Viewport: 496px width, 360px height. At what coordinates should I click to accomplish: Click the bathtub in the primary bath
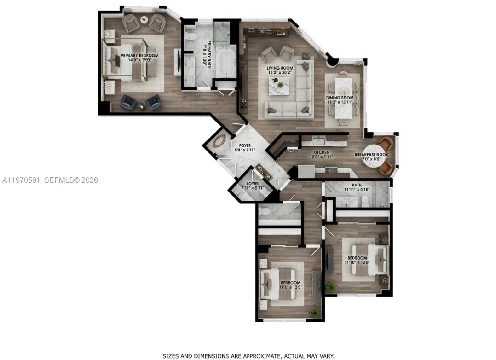(x=225, y=64)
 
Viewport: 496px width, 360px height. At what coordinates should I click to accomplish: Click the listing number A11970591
(x=21, y=180)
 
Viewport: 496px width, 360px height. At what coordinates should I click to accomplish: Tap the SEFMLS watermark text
(x=71, y=180)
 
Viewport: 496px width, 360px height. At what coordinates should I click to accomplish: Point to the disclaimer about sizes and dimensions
(x=248, y=356)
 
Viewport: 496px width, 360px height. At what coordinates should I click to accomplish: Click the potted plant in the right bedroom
(x=331, y=287)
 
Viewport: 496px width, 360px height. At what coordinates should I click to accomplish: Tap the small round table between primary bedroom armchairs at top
(x=144, y=20)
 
